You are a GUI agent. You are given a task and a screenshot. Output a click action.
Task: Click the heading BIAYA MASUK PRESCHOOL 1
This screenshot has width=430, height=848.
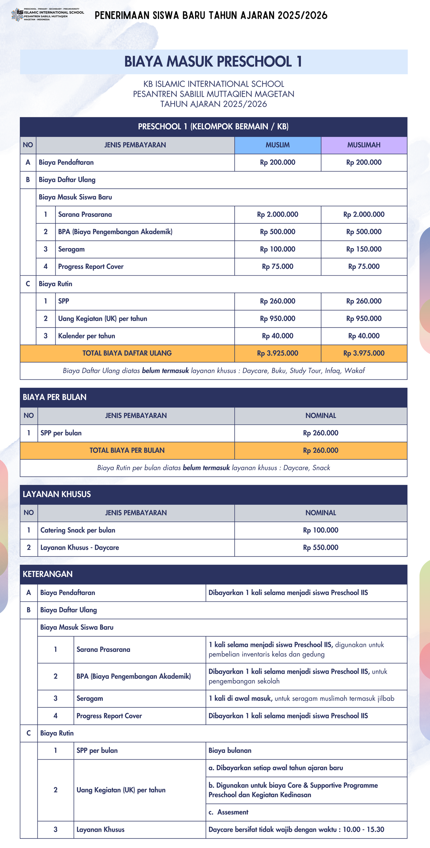213,62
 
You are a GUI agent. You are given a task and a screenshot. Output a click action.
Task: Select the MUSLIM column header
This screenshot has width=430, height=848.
277,145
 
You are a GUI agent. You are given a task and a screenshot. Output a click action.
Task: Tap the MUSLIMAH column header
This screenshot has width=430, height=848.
364,145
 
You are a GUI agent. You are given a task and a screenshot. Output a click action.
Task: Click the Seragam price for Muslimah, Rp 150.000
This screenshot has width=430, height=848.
364,249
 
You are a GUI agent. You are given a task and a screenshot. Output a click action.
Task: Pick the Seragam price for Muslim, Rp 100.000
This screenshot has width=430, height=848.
277,249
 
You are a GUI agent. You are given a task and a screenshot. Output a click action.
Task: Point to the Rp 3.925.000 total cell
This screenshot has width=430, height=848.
277,353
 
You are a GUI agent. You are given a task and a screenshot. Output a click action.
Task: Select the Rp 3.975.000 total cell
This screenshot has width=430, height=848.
364,353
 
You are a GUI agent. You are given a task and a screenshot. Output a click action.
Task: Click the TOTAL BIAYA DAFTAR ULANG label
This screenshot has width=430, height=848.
127,353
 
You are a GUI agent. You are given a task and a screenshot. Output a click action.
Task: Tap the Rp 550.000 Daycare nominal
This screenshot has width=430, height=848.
320,548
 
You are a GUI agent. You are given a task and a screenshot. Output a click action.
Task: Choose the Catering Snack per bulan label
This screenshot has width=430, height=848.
78,530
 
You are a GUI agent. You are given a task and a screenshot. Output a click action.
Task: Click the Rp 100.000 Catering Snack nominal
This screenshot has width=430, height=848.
320,530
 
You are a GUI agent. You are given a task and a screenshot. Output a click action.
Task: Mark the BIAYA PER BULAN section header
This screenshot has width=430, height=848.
55,397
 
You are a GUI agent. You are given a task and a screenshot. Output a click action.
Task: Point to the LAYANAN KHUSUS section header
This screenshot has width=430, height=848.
57,494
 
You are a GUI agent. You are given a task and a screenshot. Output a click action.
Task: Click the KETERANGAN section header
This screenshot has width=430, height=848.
48,574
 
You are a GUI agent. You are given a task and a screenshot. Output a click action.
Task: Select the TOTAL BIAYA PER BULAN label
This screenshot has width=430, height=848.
127,450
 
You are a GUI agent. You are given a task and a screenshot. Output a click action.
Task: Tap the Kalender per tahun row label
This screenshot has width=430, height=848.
87,336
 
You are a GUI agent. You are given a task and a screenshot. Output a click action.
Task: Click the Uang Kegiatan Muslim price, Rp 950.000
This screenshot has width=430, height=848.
277,319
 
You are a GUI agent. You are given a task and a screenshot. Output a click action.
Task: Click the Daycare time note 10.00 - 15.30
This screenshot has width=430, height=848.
296,830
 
